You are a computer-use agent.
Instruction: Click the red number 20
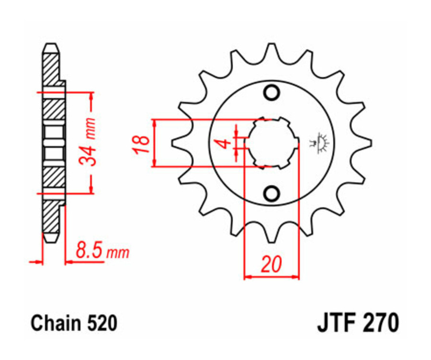point(272,264)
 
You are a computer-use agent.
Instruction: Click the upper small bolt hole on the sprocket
point(272,92)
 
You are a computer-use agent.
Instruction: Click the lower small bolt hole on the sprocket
point(272,193)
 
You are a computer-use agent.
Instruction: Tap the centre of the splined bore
point(272,143)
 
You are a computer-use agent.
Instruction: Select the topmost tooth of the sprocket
point(272,48)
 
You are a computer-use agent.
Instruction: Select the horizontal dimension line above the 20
point(272,277)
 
